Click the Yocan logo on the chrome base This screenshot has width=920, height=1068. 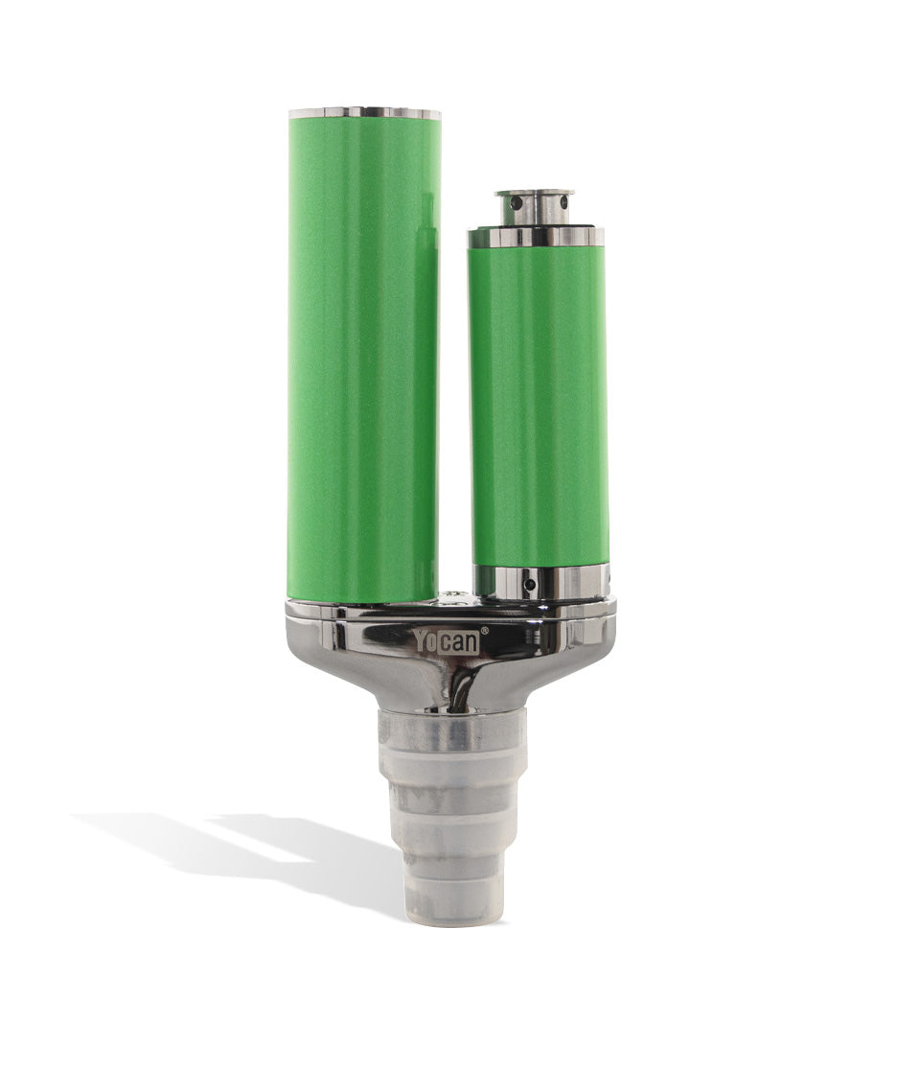point(447,640)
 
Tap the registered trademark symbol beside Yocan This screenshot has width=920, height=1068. point(484,630)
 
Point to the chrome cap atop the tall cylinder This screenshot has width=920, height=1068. point(364,113)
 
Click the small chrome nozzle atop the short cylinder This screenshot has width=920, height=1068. point(535,206)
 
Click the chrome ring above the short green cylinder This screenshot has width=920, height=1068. point(536,236)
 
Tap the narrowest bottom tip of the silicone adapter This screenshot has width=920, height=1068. point(449,902)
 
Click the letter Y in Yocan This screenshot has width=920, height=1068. point(422,640)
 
